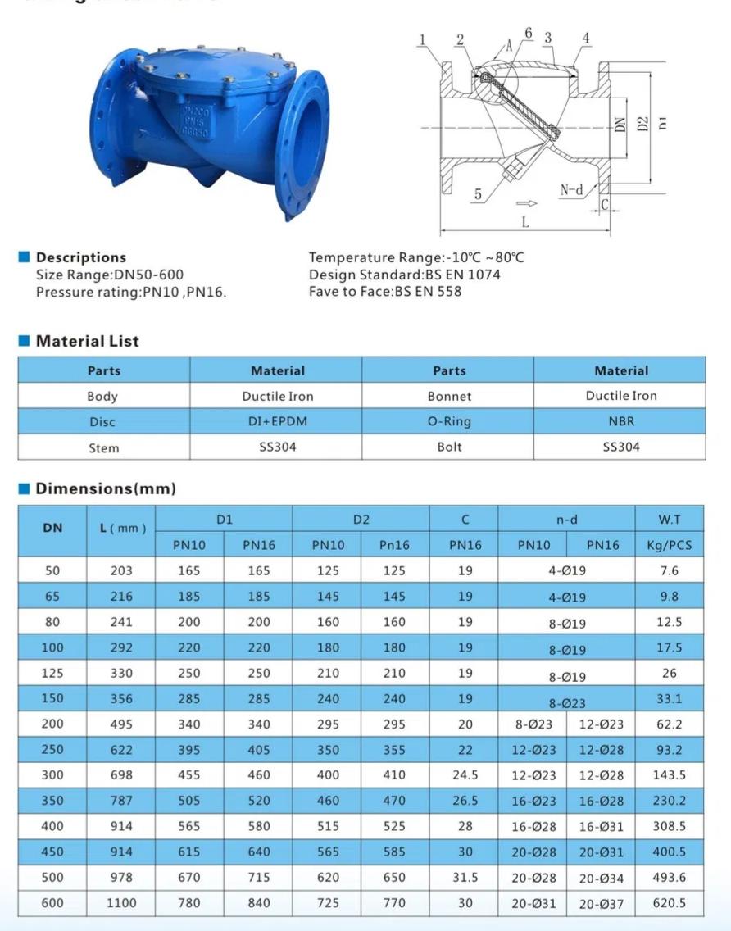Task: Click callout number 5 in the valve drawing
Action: click(x=477, y=194)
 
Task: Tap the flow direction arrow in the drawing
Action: click(x=526, y=203)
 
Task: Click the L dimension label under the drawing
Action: click(x=525, y=222)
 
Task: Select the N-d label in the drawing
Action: click(x=572, y=190)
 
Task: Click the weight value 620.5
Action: click(x=669, y=903)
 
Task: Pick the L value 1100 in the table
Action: click(x=120, y=903)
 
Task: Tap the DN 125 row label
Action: click(x=52, y=674)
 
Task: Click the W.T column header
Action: click(x=669, y=519)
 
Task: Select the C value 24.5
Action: click(x=465, y=775)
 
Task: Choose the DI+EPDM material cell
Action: click(x=277, y=422)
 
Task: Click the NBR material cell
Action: click(x=621, y=421)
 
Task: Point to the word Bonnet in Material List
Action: click(x=449, y=396)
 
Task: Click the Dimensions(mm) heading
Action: click(x=105, y=488)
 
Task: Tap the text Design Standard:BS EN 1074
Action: click(x=404, y=275)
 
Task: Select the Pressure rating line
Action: click(x=131, y=292)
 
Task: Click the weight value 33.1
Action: click(x=669, y=699)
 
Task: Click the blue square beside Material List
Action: click(x=24, y=341)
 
